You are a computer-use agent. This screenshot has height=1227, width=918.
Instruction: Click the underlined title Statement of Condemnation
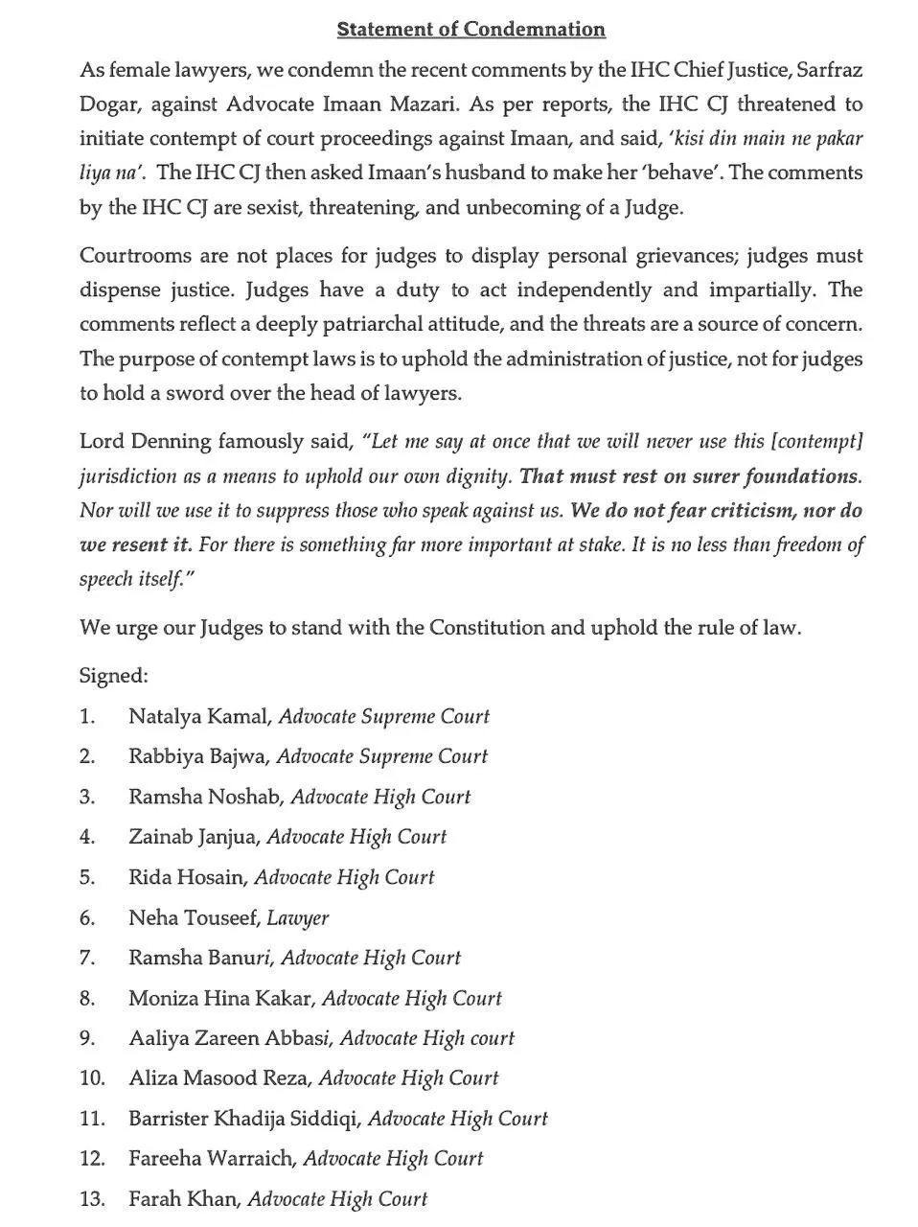pyautogui.click(x=470, y=30)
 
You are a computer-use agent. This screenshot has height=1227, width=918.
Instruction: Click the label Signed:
pyautogui.click(x=113, y=677)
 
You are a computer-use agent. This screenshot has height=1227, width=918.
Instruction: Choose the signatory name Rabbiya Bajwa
pyautogui.click(x=197, y=756)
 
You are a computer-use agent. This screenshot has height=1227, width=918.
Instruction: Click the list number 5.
pyautogui.click(x=87, y=877)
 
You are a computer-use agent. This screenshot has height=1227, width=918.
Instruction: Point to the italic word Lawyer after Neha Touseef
pyautogui.click(x=298, y=918)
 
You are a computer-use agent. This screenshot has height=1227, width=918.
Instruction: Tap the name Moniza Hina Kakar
pyautogui.click(x=220, y=998)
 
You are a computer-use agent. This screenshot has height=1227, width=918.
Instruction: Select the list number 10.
pyautogui.click(x=92, y=1078)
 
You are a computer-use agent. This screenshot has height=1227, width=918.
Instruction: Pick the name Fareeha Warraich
pyautogui.click(x=211, y=1159)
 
